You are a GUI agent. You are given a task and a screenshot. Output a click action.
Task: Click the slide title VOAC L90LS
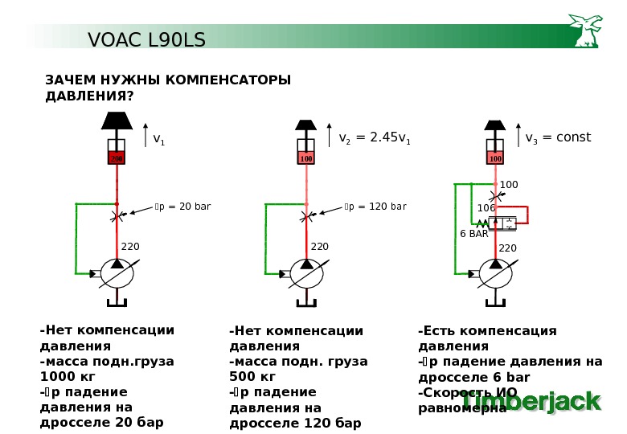[146, 39]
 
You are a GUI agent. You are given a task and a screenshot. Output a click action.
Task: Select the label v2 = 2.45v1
[375, 138]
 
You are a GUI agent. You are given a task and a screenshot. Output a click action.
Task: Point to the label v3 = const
[558, 138]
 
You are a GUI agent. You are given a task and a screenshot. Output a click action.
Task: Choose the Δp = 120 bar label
[375, 207]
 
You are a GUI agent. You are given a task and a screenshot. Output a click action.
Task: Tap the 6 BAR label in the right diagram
[473, 234]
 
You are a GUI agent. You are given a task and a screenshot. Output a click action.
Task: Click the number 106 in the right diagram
[486, 208]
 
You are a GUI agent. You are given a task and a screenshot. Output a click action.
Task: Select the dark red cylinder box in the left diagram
[117, 158]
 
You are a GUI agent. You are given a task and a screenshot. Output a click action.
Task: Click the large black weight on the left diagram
[117, 121]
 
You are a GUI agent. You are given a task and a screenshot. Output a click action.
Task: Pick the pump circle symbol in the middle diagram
[306, 273]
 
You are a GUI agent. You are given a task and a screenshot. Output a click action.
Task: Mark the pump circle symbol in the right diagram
[495, 273]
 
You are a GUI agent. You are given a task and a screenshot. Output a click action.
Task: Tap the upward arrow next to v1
[145, 137]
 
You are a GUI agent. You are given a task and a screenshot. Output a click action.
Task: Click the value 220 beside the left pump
[130, 246]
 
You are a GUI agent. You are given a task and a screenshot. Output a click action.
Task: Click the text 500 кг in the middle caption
[252, 377]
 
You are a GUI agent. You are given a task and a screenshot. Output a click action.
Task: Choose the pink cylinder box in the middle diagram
[306, 158]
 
